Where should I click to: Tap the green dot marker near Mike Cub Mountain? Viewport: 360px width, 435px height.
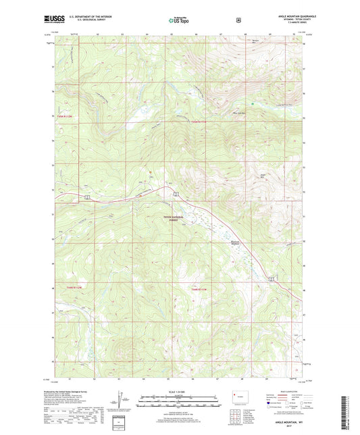coord(252,104)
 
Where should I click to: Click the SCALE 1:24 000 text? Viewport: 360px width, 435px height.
coord(178,390)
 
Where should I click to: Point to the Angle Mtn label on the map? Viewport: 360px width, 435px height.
coord(263,177)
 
